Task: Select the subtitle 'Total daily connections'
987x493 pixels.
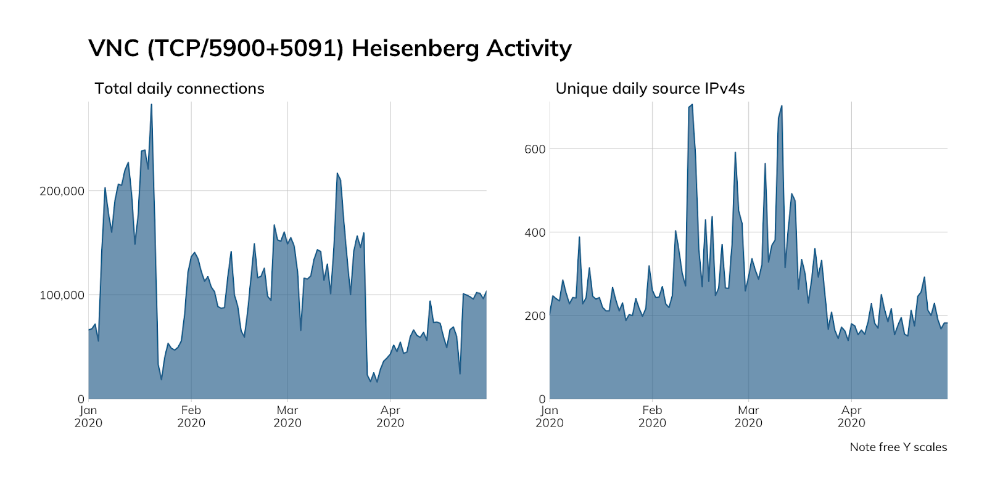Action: [x=180, y=89]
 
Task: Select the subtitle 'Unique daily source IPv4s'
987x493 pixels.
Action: [x=650, y=89]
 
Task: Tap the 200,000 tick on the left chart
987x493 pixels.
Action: [x=62, y=191]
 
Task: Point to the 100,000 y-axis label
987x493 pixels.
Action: [x=62, y=295]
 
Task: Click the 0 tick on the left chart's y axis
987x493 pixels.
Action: [x=81, y=399]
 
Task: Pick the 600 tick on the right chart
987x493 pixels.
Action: [x=534, y=149]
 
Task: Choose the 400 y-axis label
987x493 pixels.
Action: [x=534, y=233]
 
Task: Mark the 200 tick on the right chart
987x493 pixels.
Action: [x=534, y=316]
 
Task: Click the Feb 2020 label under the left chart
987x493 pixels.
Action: [x=191, y=417]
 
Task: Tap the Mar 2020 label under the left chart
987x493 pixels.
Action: [x=287, y=417]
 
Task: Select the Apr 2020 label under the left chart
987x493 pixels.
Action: [x=390, y=417]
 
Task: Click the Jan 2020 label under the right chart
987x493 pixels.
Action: [x=549, y=417]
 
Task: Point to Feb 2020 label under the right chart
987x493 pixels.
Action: [x=652, y=417]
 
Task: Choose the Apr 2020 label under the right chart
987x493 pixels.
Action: [x=851, y=417]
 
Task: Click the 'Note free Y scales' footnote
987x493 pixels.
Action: [x=898, y=447]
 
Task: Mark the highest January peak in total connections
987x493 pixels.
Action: [x=151, y=105]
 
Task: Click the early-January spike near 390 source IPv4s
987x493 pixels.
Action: [x=579, y=237]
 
